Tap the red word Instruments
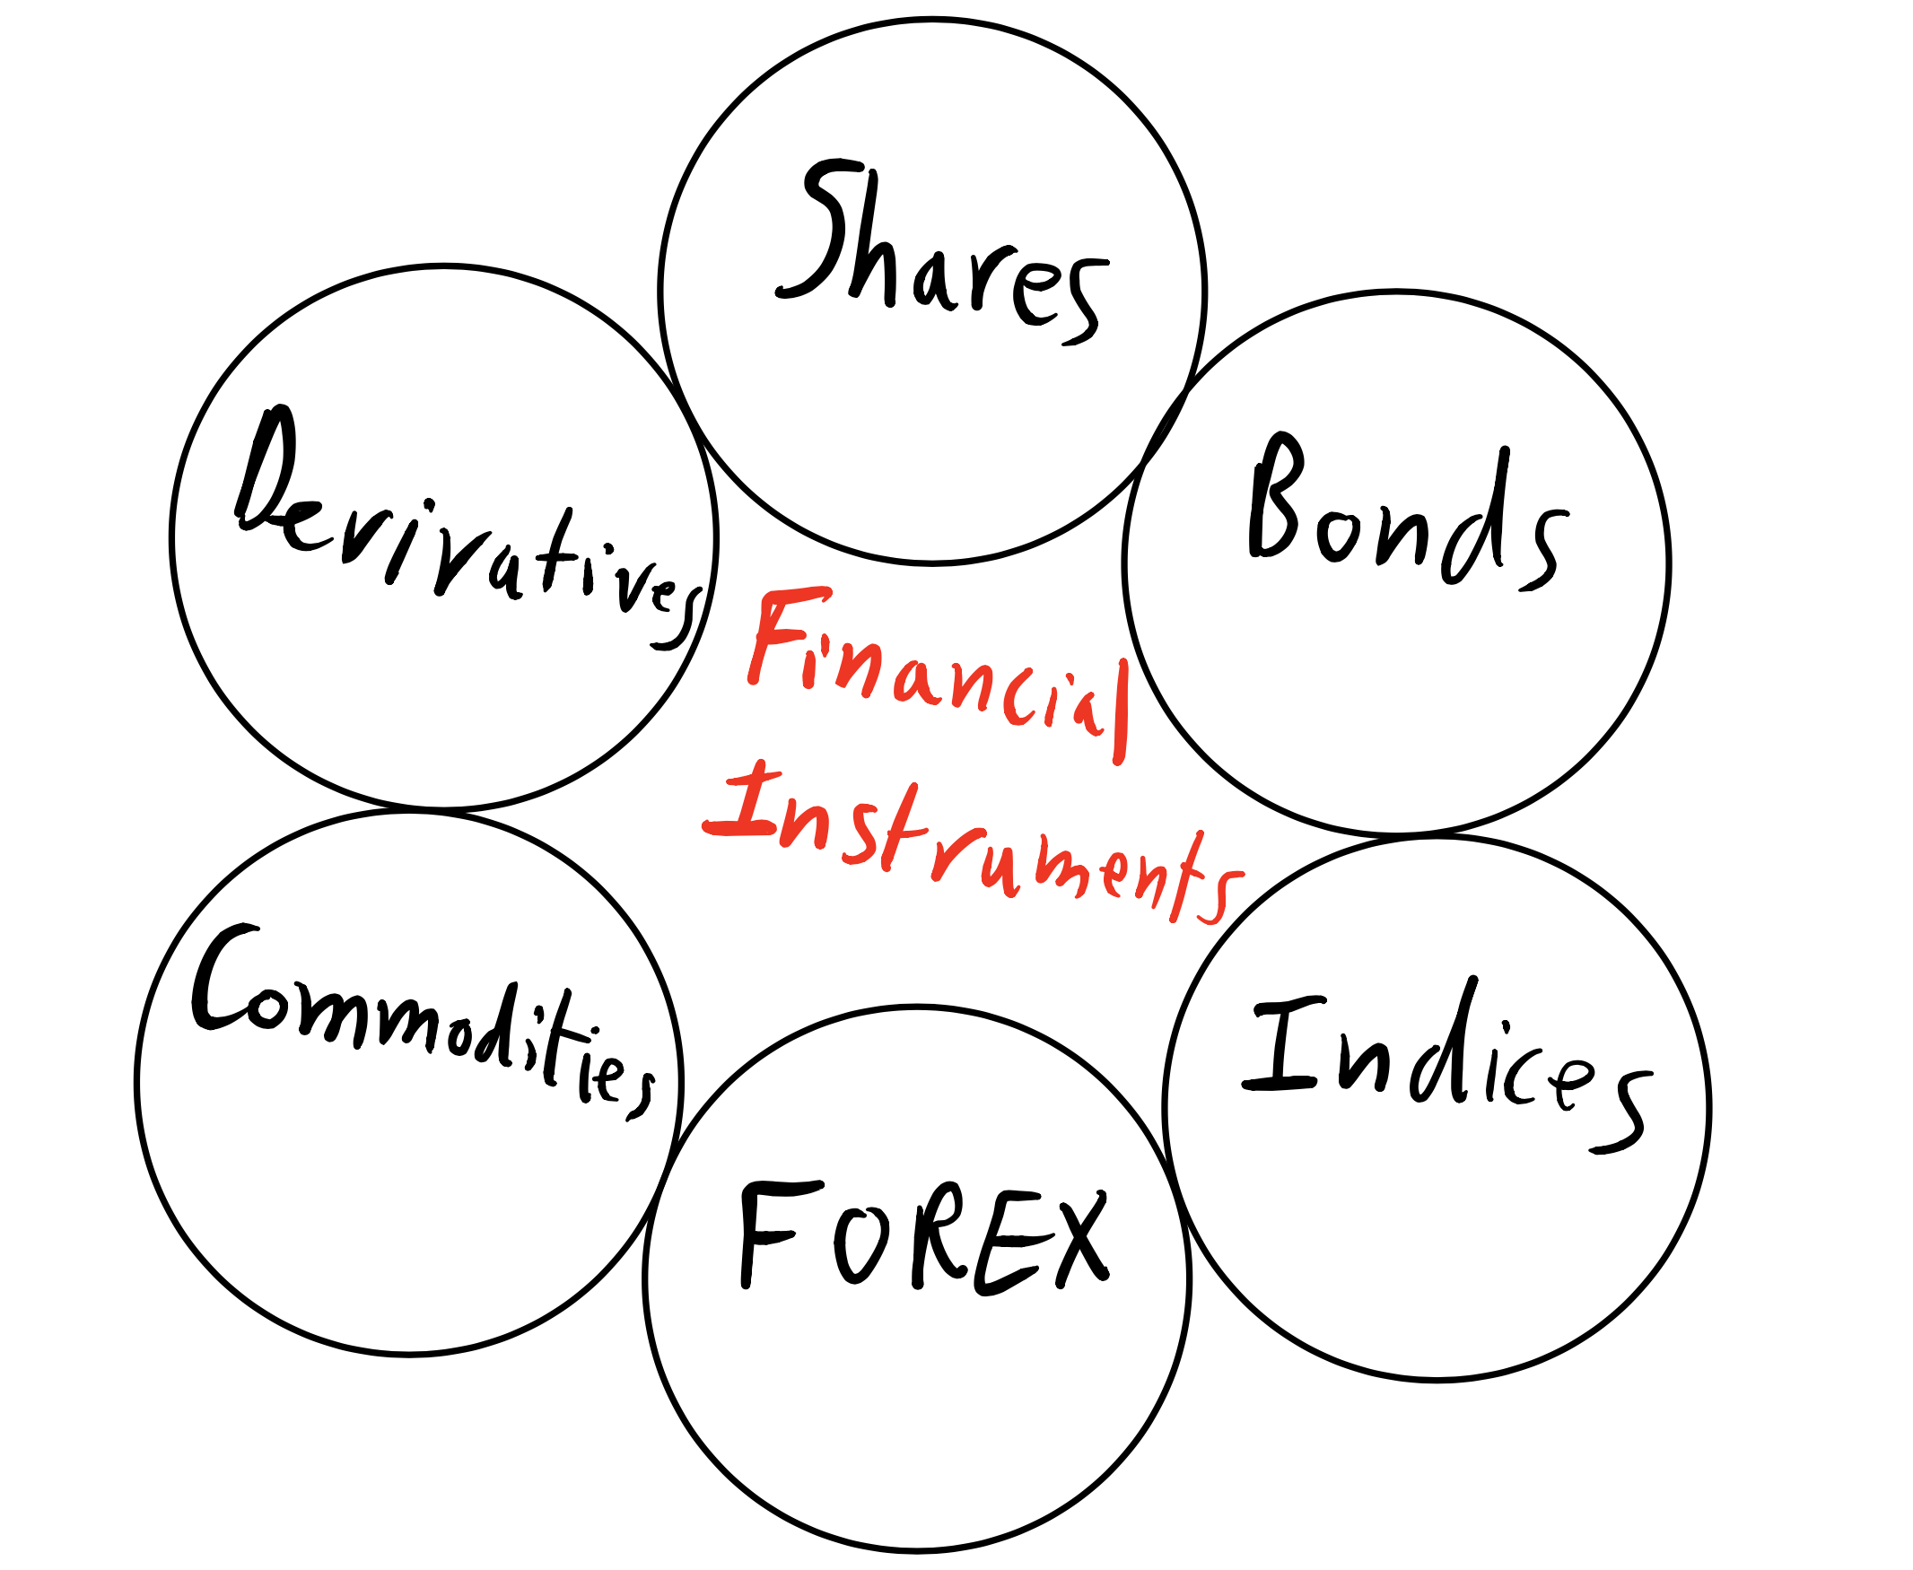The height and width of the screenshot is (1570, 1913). click(973, 842)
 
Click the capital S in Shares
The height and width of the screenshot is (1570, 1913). click(814, 231)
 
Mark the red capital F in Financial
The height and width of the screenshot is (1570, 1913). click(782, 633)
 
